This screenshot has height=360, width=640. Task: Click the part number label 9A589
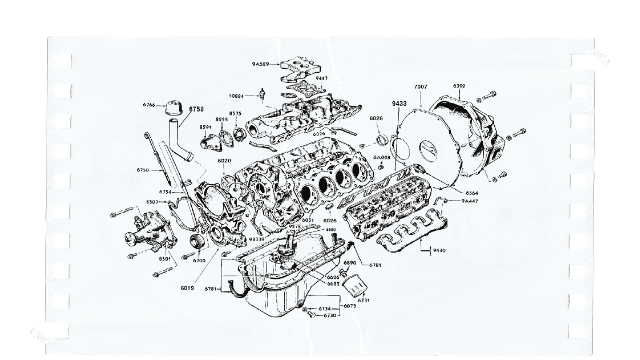coord(260,64)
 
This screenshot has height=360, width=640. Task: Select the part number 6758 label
coord(196,109)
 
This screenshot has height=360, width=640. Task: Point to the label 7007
coord(420,87)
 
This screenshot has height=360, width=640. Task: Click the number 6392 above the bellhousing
coord(459,86)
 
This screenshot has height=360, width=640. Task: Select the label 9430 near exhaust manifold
coord(439,250)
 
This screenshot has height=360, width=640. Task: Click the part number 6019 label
coord(187,288)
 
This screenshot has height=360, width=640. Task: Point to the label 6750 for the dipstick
coord(143,170)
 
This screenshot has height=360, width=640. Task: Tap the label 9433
coord(399,104)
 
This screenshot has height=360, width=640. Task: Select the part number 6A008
coord(382,157)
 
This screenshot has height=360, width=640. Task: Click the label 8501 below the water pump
coord(165,259)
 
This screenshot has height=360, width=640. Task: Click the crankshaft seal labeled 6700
coord(196,241)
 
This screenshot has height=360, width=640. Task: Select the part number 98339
coord(257,239)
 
